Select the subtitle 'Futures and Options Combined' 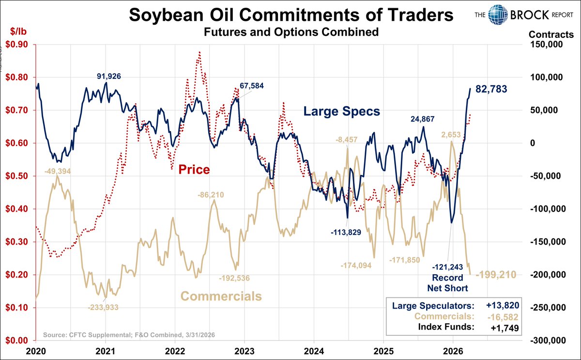(291, 32)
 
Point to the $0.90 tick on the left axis (16, 45)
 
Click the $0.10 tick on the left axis (16, 308)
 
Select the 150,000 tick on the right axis (546, 45)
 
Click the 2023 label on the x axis (244, 350)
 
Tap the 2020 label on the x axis (36, 350)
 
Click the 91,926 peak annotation (108, 76)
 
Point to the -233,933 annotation (103, 307)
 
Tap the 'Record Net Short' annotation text (447, 283)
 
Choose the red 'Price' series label (194, 170)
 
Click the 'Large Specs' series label (341, 111)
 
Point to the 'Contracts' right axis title (551, 34)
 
